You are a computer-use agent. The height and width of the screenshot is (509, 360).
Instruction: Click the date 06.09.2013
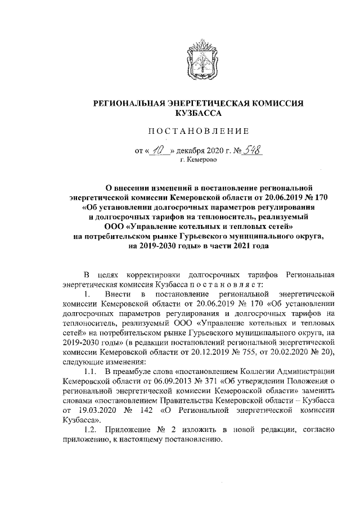pos(140,381)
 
